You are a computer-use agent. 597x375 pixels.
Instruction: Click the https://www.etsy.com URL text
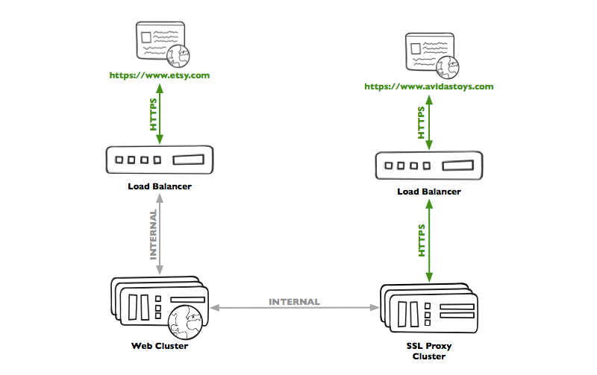coord(159,75)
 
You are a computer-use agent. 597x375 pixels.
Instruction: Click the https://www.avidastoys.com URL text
coord(429,86)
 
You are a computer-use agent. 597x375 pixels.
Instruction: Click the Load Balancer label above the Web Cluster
coord(160,186)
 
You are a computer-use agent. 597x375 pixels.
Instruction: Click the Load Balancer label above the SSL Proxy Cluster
coord(428,192)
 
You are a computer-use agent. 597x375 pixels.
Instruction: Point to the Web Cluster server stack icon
coord(157,306)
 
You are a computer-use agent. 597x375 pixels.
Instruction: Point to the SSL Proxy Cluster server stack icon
coord(428,309)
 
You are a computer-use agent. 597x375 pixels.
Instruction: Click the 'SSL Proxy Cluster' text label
coord(429,350)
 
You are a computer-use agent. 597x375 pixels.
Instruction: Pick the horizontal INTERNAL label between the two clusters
coord(294,302)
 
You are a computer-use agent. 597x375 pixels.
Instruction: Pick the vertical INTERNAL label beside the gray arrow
coord(153,233)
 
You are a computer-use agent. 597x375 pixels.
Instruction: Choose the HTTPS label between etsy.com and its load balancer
coord(153,115)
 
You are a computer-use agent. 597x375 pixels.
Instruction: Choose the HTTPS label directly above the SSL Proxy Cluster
coord(422,240)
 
